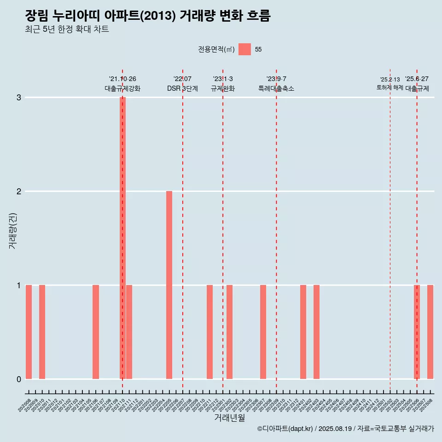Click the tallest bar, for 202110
122,238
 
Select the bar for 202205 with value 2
169,285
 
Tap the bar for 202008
29,331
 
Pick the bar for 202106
96,331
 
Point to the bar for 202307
263,331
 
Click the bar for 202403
316,331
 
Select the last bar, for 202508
430,331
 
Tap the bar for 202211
209,331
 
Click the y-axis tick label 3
19,98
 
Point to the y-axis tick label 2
19,192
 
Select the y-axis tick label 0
19,379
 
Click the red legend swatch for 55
244,49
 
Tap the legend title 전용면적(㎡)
216,50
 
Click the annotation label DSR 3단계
182,88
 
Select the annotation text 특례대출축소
276,88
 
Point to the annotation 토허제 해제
390,87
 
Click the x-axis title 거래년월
229,418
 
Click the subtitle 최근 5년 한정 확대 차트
67,29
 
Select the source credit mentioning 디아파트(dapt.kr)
345,429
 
